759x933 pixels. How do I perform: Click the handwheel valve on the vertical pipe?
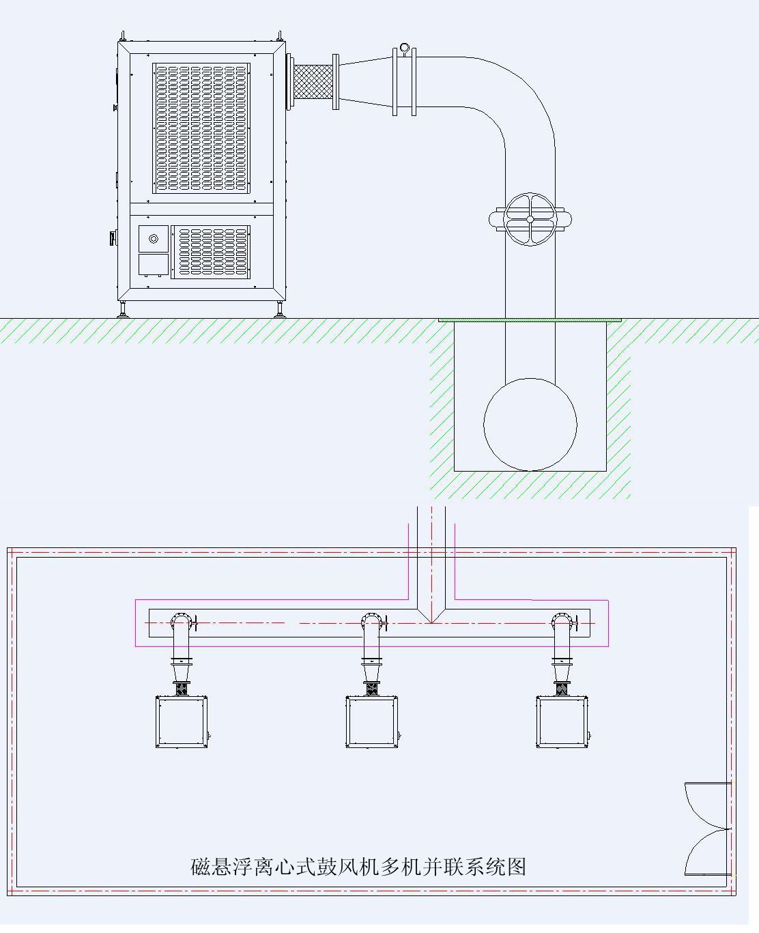click(x=530, y=219)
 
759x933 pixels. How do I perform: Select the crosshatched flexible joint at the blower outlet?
click(x=312, y=81)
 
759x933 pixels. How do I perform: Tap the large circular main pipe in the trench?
click(x=530, y=424)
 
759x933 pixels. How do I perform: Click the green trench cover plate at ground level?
click(x=530, y=319)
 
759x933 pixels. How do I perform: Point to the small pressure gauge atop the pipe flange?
click(x=404, y=48)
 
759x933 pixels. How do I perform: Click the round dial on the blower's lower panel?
click(x=154, y=238)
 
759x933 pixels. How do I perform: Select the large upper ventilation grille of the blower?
click(x=201, y=128)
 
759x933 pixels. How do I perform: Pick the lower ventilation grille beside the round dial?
click(x=211, y=251)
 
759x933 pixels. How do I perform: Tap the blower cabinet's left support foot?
click(x=123, y=310)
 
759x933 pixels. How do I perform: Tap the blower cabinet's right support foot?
click(x=279, y=310)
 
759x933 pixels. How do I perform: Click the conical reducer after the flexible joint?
click(x=366, y=81)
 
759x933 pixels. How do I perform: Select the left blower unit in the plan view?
click(x=182, y=722)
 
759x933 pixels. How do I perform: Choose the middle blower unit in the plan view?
click(x=372, y=722)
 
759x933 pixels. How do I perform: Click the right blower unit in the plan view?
click(x=562, y=722)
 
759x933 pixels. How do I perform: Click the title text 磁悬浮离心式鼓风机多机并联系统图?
click(x=358, y=867)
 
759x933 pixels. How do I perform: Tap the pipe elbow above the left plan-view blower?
click(x=181, y=623)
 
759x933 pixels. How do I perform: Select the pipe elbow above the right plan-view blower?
click(x=562, y=623)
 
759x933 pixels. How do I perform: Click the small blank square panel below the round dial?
click(x=154, y=265)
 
